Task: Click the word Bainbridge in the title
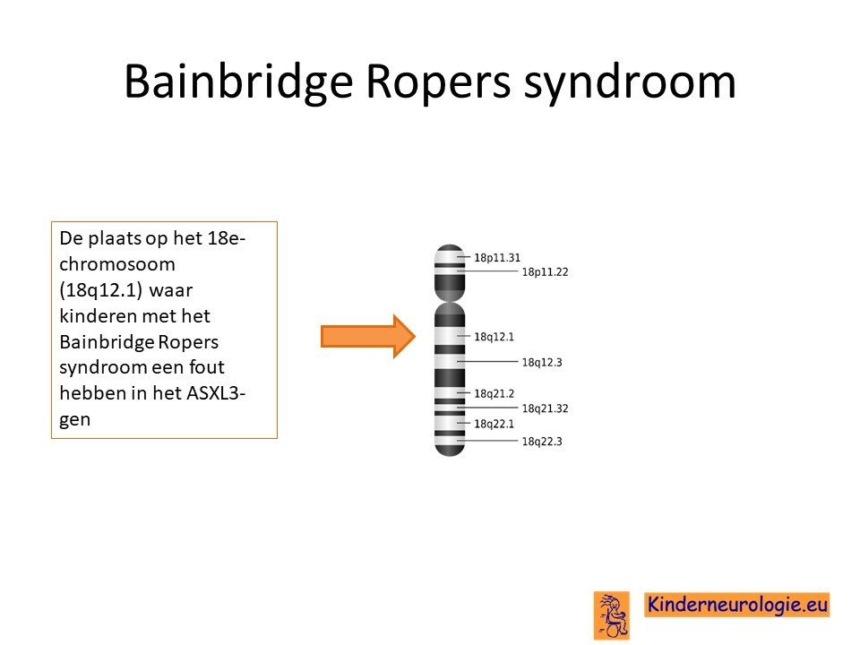pyautogui.click(x=238, y=82)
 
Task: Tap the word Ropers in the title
pyautogui.click(x=438, y=82)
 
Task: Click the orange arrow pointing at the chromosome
pyautogui.click(x=368, y=336)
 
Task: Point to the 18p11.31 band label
pyautogui.click(x=497, y=258)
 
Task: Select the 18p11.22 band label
pyautogui.click(x=545, y=272)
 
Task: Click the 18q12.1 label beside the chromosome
pyautogui.click(x=494, y=337)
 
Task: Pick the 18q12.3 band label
pyautogui.click(x=542, y=363)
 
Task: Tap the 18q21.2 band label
pyautogui.click(x=494, y=394)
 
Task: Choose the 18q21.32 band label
pyautogui.click(x=545, y=408)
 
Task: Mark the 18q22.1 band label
pyautogui.click(x=494, y=424)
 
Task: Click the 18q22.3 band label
pyautogui.click(x=542, y=442)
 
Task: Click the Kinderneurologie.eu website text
pyautogui.click(x=737, y=605)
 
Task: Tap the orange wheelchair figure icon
pyautogui.click(x=612, y=615)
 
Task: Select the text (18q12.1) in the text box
pyautogui.click(x=101, y=290)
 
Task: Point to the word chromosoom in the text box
pyautogui.click(x=117, y=264)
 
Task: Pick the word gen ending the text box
pyautogui.click(x=74, y=420)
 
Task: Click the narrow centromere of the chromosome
pyautogui.click(x=450, y=300)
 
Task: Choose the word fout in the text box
pyautogui.click(x=207, y=367)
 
